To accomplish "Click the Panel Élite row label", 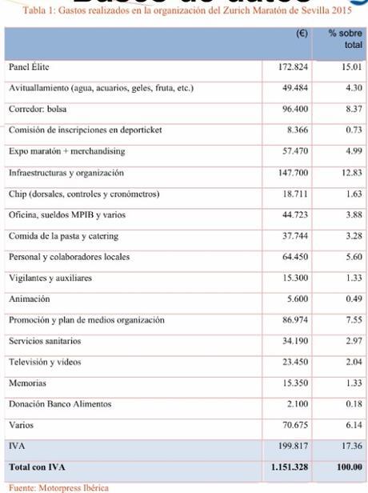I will tap(29, 67).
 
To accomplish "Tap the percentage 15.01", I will tap(349, 67).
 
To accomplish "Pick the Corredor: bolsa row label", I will tap(38, 109).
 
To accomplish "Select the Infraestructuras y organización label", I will tap(66, 173).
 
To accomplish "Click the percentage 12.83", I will tap(349, 173).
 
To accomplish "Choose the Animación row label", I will tap(29, 299).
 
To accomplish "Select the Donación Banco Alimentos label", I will tap(60, 404).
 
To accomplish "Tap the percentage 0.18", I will tap(351, 404).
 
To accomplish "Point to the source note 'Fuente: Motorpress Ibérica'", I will tap(58, 486).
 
